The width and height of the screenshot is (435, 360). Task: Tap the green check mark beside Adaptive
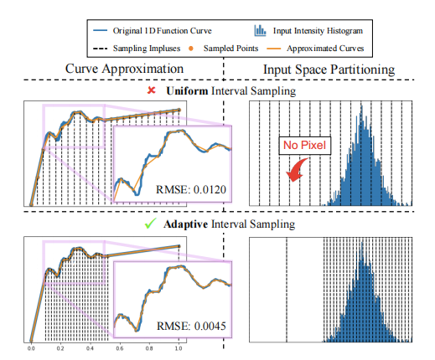tap(148, 225)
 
